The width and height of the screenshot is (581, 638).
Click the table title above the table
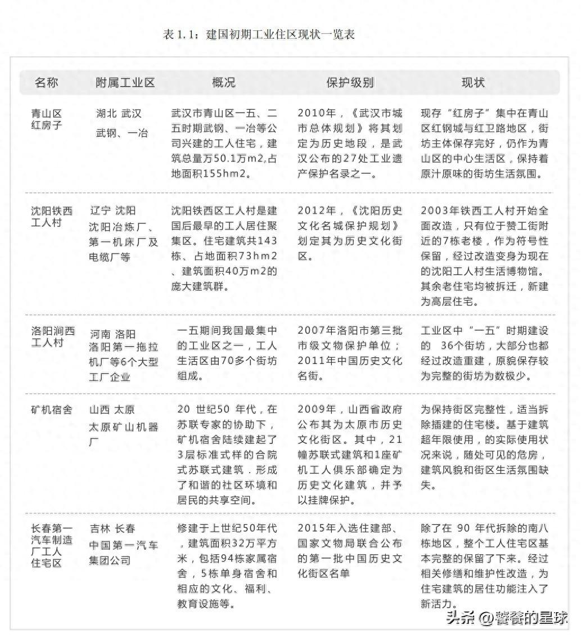(259, 35)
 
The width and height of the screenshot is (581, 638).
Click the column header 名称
(46, 83)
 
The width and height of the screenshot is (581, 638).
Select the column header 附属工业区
(125, 83)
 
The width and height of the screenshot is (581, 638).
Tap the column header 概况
(223, 83)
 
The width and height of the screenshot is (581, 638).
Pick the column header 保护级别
(350, 83)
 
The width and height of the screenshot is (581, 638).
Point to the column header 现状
(473, 83)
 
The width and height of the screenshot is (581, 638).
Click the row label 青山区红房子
(47, 119)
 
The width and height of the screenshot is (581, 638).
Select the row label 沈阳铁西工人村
(52, 217)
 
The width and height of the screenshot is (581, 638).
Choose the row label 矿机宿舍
(52, 410)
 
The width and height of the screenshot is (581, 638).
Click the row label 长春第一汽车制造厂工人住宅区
(52, 545)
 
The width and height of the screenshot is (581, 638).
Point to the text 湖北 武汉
(119, 113)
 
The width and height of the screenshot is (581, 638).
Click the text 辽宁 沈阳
(112, 211)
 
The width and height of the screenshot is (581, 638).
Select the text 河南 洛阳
(112, 334)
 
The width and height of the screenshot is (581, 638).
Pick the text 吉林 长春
(112, 529)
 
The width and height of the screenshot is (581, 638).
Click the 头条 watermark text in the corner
(461, 617)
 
